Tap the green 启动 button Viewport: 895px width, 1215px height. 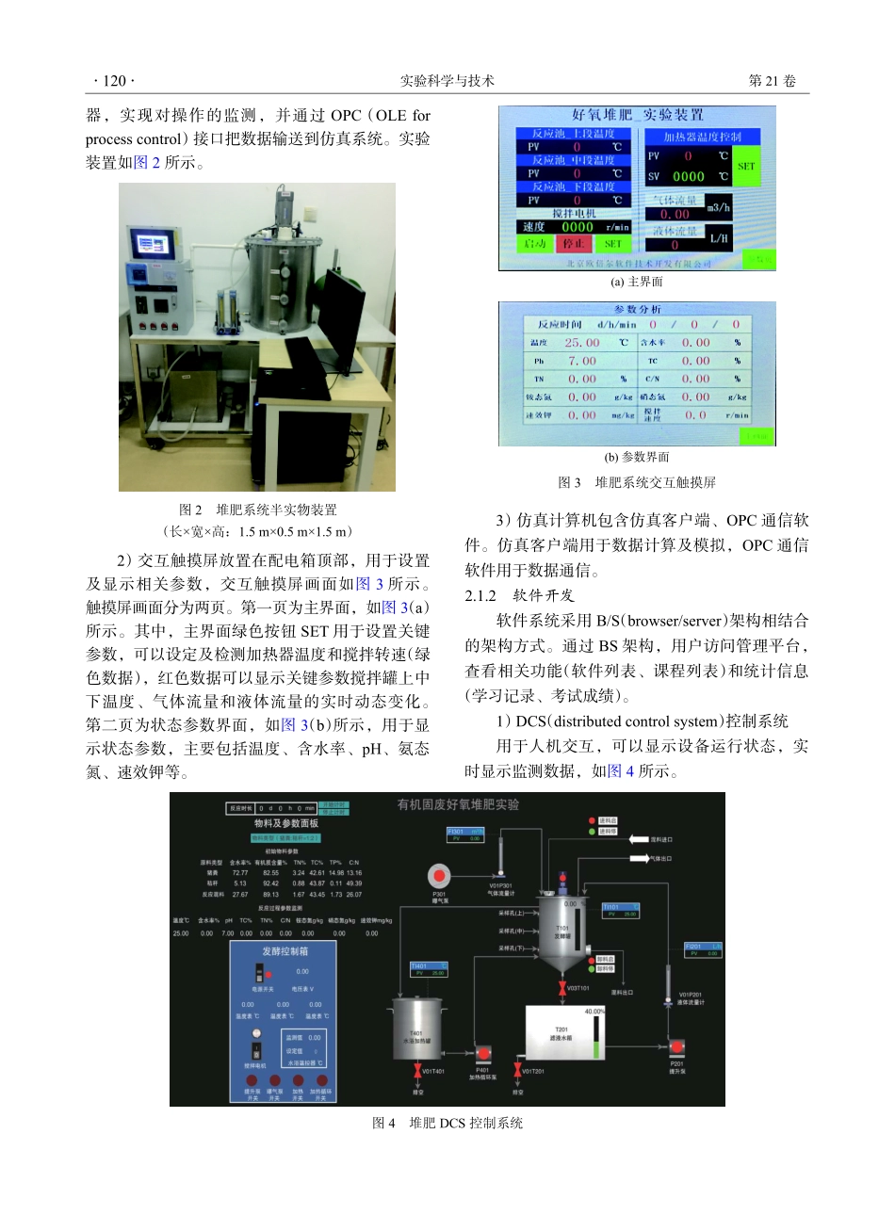pyautogui.click(x=535, y=244)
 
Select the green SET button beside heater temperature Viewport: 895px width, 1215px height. pyautogui.click(x=746, y=166)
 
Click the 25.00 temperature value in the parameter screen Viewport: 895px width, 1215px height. pyautogui.click(x=581, y=343)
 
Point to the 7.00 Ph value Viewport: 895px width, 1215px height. pyautogui.click(x=581, y=361)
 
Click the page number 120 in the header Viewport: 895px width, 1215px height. pyautogui.click(x=114, y=81)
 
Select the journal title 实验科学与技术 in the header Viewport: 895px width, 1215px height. pyautogui.click(x=447, y=81)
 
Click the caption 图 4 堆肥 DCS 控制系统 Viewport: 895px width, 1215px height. pyautogui.click(x=447, y=1123)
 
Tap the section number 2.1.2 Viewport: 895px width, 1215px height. pyautogui.click(x=480, y=595)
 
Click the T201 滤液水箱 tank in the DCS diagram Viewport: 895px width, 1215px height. pyautogui.click(x=563, y=1034)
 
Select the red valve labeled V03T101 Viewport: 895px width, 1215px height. pyautogui.click(x=562, y=988)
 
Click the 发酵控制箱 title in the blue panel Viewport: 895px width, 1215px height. pyautogui.click(x=285, y=951)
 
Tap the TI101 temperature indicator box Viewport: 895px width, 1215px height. pyautogui.click(x=620, y=910)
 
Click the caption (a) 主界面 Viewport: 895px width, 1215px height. pyautogui.click(x=636, y=282)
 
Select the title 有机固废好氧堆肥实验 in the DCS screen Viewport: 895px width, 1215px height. pyautogui.click(x=458, y=804)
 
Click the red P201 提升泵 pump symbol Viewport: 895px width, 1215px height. pyautogui.click(x=676, y=1047)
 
